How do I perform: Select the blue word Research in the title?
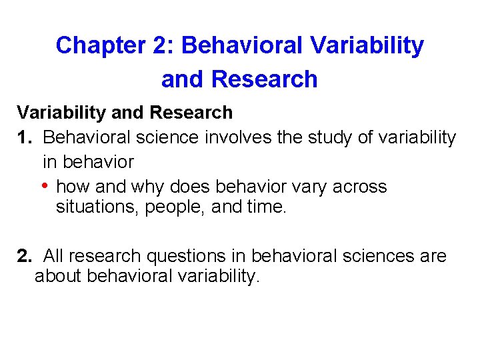(264, 79)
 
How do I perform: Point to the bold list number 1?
(24, 137)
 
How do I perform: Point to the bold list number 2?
(25, 256)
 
